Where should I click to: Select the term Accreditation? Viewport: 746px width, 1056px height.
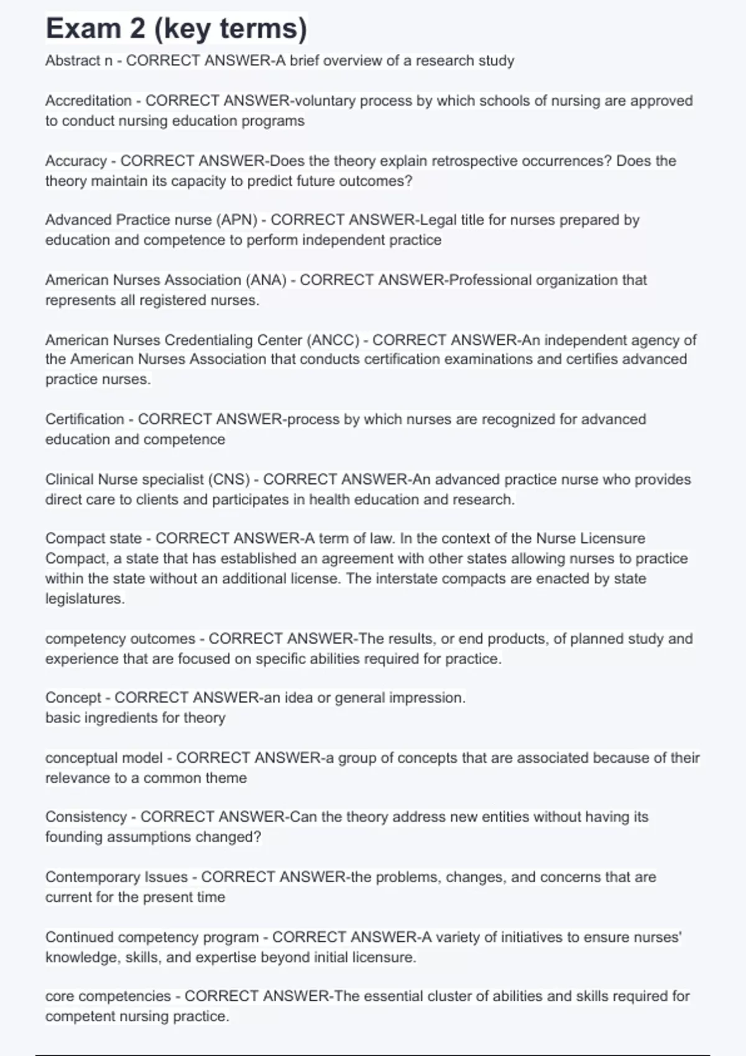coord(88,101)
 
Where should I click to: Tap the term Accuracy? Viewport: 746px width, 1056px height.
coord(76,161)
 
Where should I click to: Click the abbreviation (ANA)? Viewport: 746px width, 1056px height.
coord(267,280)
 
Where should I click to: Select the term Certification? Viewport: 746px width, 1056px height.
coord(85,419)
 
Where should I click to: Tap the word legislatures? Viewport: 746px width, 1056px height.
coord(85,599)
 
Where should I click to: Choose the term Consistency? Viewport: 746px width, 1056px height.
coord(86,817)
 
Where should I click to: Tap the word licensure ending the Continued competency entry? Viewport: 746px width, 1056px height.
coord(384,957)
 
